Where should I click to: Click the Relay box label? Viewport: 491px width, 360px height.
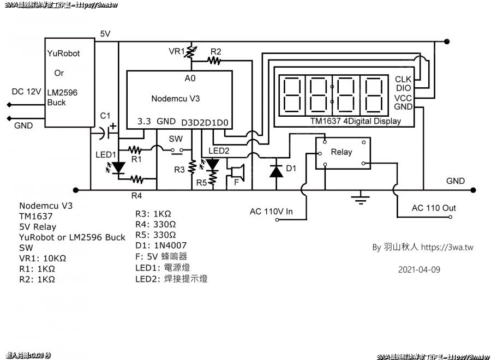tap(342, 152)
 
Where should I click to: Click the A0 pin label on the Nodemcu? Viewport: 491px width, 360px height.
tap(190, 79)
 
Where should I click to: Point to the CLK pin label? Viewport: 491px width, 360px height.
tap(403, 79)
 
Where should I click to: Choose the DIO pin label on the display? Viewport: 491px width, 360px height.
tap(403, 88)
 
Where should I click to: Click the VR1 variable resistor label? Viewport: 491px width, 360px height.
tap(176, 51)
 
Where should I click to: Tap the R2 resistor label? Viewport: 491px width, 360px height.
tap(216, 51)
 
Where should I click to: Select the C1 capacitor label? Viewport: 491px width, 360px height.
tap(106, 116)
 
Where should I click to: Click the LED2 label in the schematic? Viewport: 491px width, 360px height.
tap(219, 151)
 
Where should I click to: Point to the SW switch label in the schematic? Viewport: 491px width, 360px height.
tap(175, 139)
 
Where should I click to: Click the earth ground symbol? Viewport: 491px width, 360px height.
tap(359, 197)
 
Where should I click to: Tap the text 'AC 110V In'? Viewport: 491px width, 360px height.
tap(271, 212)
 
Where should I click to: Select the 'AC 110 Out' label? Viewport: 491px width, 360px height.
tap(434, 208)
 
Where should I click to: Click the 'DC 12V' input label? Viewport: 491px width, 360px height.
tap(26, 92)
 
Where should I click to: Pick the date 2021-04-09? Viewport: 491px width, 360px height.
tap(419, 269)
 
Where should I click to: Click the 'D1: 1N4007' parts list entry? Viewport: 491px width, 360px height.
tap(161, 245)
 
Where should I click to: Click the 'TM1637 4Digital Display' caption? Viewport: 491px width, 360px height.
tap(355, 121)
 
